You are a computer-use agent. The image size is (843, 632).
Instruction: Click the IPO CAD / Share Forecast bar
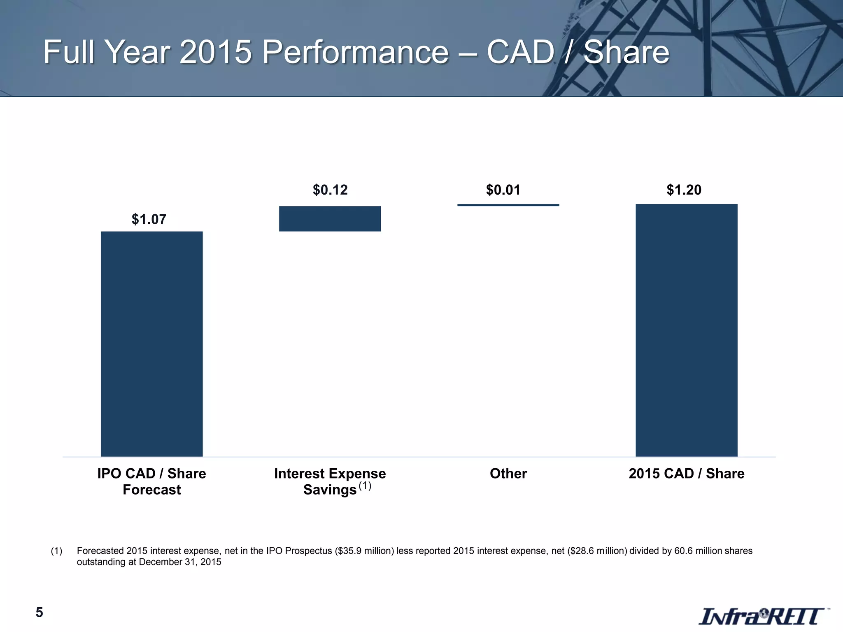click(x=151, y=344)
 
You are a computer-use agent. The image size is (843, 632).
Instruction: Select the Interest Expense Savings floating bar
click(x=330, y=218)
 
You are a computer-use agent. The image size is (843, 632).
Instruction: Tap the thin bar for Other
click(x=508, y=205)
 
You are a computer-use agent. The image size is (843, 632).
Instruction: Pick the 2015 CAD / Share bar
click(x=686, y=330)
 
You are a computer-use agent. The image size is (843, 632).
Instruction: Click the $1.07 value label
click(x=149, y=219)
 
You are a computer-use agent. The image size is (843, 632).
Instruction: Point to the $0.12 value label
click(x=330, y=190)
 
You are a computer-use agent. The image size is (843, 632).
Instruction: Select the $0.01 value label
click(x=503, y=190)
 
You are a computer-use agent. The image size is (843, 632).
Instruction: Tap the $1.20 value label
click(x=684, y=190)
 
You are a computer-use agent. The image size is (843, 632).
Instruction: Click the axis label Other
click(x=508, y=474)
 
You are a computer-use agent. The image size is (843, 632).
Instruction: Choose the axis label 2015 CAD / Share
click(x=686, y=474)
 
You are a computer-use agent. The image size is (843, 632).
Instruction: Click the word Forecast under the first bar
click(x=151, y=490)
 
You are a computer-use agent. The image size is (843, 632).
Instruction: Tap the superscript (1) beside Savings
click(x=365, y=486)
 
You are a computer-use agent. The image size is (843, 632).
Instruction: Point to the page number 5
click(x=39, y=613)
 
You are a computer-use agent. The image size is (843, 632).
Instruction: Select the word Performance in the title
click(x=355, y=52)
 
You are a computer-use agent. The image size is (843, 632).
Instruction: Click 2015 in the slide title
click(x=215, y=52)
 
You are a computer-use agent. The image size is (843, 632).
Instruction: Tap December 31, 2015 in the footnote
click(x=180, y=562)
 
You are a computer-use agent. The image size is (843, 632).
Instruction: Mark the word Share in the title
click(x=626, y=52)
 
